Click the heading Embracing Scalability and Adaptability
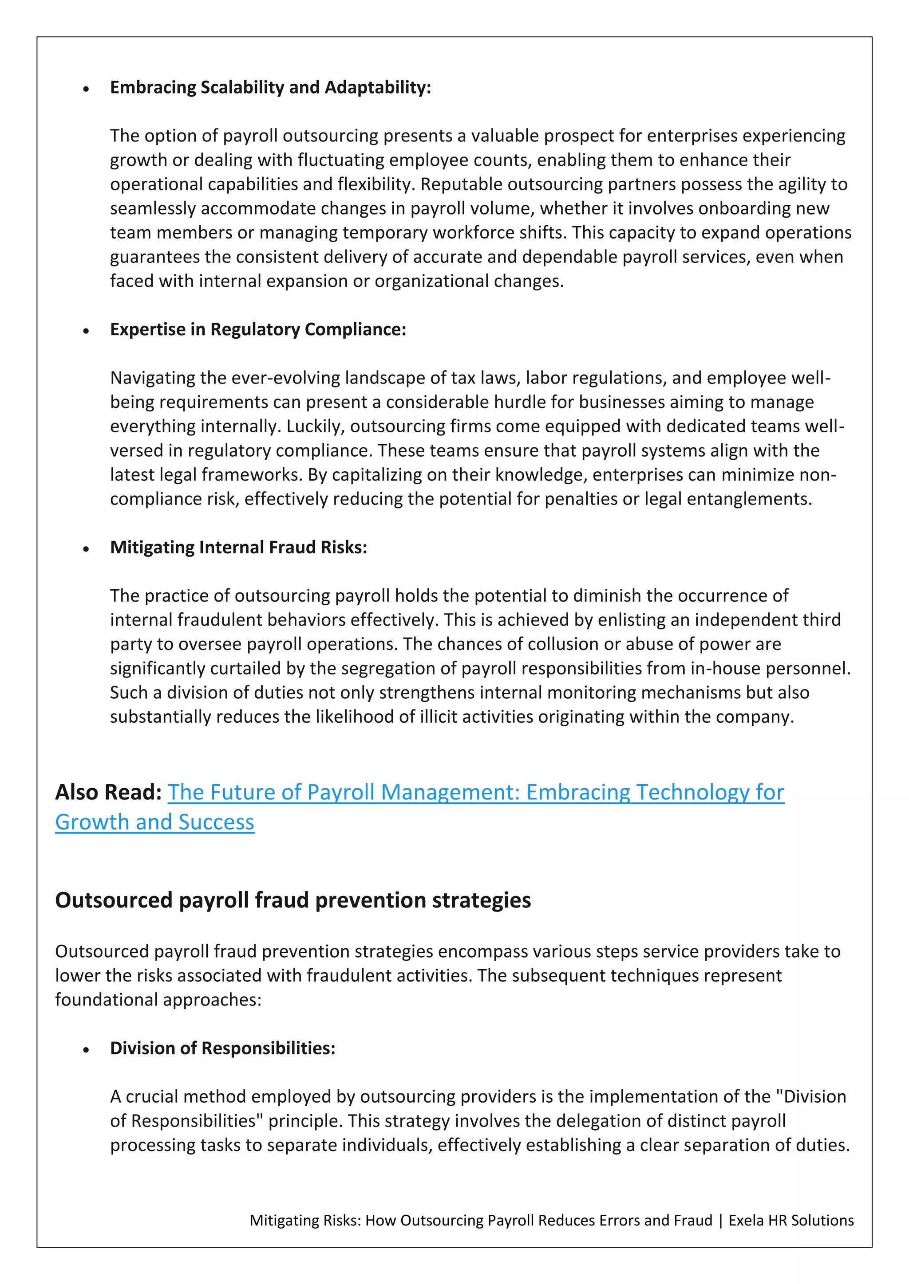pyautogui.click(x=270, y=88)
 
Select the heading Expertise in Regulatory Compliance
pyautogui.click(x=258, y=330)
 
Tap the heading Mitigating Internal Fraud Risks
pyautogui.click(x=238, y=548)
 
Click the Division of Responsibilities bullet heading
pyautogui.click(x=222, y=1048)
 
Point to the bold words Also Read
pyautogui.click(x=108, y=792)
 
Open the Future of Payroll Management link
pyautogui.click(x=476, y=792)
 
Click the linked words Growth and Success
pyautogui.click(x=154, y=822)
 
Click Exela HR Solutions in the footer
pyautogui.click(x=791, y=1220)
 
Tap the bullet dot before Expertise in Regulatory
pyautogui.click(x=86, y=332)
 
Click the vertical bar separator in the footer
pyautogui.click(x=720, y=1220)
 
